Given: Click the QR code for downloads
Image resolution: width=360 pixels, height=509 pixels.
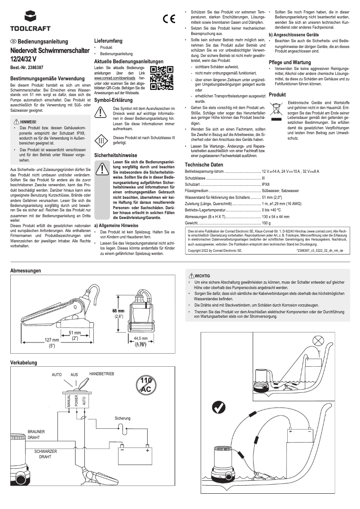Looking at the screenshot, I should [x=161, y=78].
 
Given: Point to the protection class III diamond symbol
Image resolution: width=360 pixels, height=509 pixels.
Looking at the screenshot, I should [x=101, y=140].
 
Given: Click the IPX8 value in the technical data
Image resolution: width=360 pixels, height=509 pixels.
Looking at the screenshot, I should [x=265, y=184].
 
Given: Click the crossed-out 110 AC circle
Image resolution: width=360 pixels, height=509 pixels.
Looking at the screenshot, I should [x=146, y=385].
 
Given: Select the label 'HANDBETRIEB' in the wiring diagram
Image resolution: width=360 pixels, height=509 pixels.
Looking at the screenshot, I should [x=102, y=374].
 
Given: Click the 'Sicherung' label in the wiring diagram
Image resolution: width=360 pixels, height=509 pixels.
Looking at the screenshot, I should [x=123, y=418].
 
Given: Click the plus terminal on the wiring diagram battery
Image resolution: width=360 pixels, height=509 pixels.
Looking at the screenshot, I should [x=147, y=450].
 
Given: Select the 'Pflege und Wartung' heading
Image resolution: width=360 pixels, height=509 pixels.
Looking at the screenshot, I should [x=290, y=62].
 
